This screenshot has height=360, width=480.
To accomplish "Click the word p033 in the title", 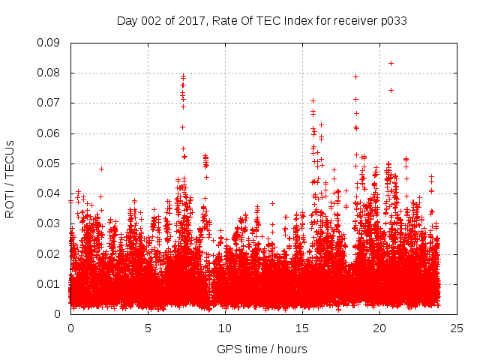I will (x=392, y=20).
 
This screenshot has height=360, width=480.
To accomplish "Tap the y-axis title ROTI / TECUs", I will (x=10, y=178).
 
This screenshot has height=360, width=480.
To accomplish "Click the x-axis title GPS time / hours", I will (x=263, y=349).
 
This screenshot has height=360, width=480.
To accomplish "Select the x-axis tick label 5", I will (x=148, y=328).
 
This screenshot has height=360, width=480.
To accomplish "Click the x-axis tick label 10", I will (x=225, y=328).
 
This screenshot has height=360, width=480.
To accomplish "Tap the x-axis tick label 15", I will (x=302, y=328).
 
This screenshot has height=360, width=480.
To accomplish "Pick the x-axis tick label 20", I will (x=379, y=328).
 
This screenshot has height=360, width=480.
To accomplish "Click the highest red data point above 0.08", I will (x=391, y=63).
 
